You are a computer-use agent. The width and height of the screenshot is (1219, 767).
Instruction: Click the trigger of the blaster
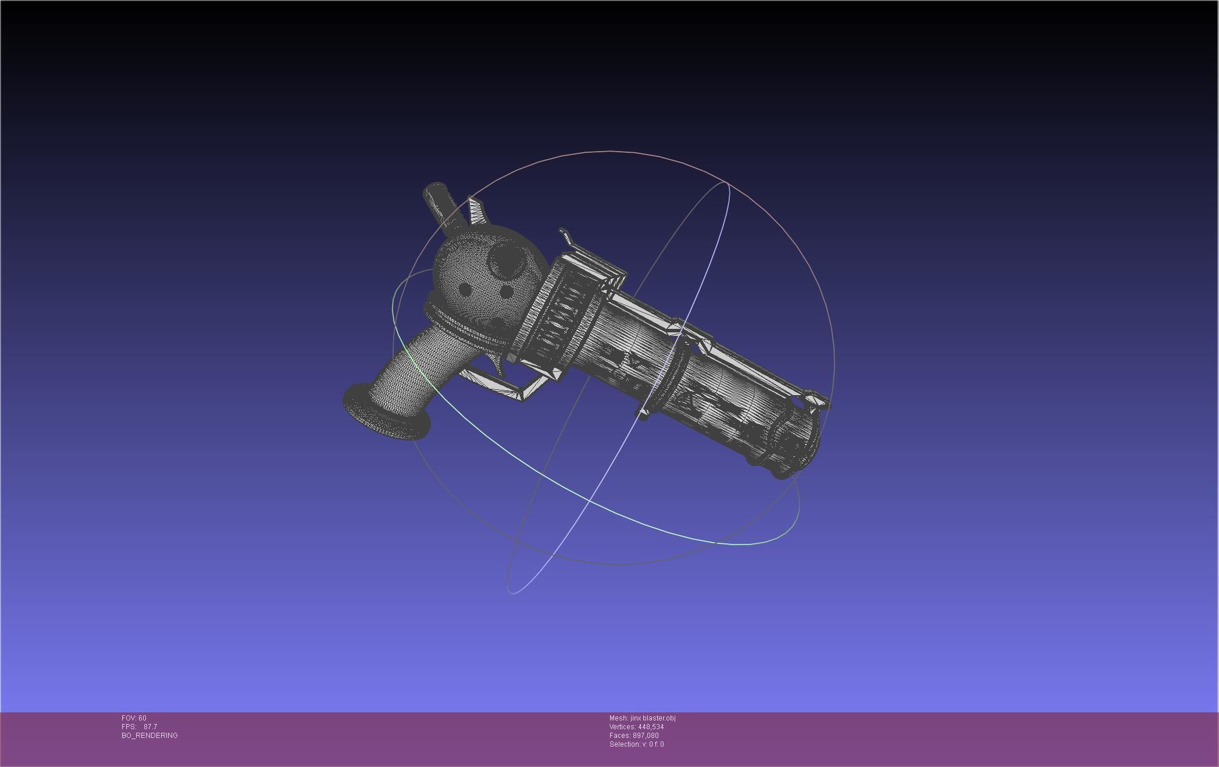point(494,364)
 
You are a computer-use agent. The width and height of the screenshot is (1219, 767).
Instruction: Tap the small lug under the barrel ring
point(643,414)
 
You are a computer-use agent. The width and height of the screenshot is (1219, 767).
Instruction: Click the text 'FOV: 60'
point(134,718)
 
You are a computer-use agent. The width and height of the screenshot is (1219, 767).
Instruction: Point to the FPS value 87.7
point(150,727)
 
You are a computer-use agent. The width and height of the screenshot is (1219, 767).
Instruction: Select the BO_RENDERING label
point(149,736)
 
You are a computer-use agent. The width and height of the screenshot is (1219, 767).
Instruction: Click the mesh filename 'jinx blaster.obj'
point(653,718)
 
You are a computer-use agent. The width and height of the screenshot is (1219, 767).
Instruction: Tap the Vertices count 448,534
point(650,727)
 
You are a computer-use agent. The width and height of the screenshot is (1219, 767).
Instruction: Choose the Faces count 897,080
point(646,736)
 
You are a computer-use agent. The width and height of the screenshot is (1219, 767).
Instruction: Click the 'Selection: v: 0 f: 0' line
point(636,744)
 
